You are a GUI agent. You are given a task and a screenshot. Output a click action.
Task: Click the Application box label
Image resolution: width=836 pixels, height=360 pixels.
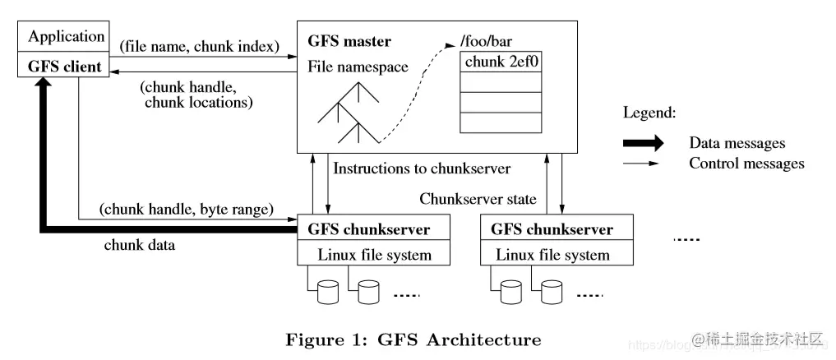coord(67,37)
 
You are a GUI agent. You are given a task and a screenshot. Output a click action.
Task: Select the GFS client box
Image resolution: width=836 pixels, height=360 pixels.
coord(67,67)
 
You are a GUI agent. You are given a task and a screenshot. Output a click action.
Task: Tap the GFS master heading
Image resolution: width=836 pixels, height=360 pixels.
coord(349,41)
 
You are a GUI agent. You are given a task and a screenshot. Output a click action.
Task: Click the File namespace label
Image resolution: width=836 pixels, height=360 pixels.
coord(358,67)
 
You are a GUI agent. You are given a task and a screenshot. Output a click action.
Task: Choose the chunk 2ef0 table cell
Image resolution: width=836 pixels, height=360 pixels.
coord(501,62)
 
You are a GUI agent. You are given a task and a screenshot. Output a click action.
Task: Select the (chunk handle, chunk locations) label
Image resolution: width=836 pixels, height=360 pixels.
coord(197,95)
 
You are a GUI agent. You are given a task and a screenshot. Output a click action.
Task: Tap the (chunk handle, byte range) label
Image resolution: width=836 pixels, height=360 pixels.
coord(187,210)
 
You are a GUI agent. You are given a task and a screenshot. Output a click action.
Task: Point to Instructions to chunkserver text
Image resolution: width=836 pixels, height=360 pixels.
coord(422,168)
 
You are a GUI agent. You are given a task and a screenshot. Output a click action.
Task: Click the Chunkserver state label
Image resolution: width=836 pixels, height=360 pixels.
coord(478,198)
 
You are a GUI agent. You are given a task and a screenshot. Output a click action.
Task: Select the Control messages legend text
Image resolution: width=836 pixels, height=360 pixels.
coord(746,164)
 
